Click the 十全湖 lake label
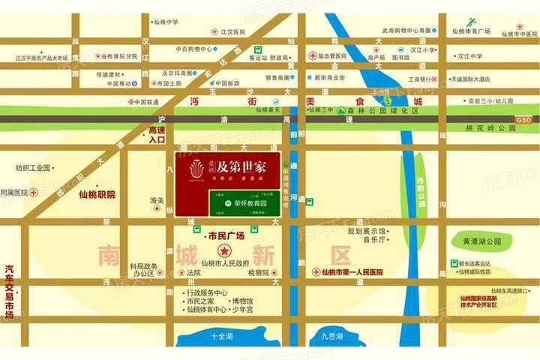pyautogui.click(x=223, y=336)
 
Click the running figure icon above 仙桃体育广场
pyautogui.click(x=471, y=22)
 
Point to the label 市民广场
pyautogui.click(x=226, y=235)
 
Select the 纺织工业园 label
pyautogui.click(x=32, y=167)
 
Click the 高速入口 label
pyautogui.click(x=156, y=135)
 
